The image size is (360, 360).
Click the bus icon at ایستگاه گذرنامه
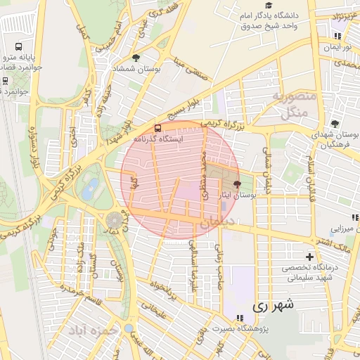coord(157,128)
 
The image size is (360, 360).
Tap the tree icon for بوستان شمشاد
coord(136,58)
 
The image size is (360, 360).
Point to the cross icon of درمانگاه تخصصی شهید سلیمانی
coord(309,257)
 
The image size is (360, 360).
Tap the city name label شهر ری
coord(270,306)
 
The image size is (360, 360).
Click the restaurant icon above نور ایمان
coord(337,35)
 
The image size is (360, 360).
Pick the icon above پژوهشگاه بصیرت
coord(240,318)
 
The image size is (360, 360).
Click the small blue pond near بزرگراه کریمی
coord(90,188)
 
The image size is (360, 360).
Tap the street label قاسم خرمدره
coord(77,289)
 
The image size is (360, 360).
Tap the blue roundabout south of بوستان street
coord(128,328)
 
